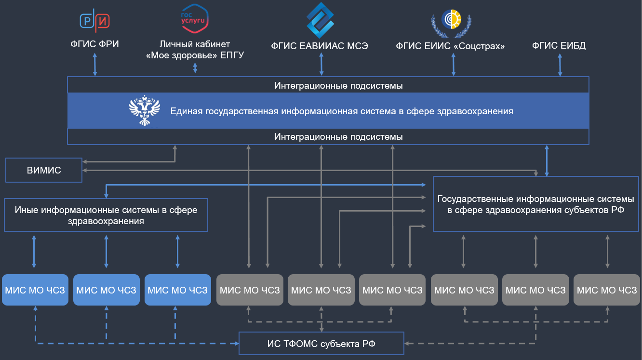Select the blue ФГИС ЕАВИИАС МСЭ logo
point(321,20)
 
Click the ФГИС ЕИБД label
point(559,46)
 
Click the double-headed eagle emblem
point(144,111)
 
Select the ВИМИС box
point(44,170)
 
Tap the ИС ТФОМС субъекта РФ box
point(321,344)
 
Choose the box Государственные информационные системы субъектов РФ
point(535,204)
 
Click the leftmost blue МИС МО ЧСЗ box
point(35,290)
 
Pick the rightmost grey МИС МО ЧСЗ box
point(607,290)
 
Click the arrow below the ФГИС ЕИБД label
point(560,65)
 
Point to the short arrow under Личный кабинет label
point(195,67)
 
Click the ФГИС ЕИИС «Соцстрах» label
point(450,46)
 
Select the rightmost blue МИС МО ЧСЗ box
point(178,290)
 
